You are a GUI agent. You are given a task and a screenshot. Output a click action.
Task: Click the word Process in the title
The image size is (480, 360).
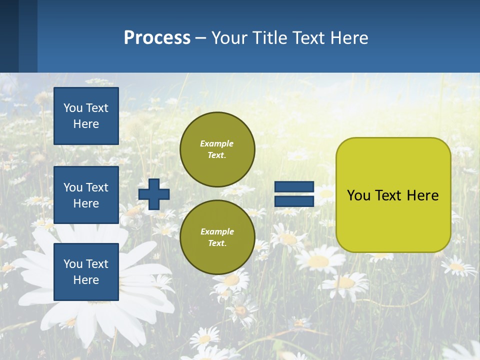[x=157, y=38]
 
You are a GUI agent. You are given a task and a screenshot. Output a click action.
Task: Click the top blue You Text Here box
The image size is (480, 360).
[x=86, y=116]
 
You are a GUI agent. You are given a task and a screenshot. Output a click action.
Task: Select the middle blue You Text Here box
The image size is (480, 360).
[x=86, y=195]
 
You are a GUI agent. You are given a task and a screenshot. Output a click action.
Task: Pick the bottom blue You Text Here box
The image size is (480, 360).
[x=86, y=272]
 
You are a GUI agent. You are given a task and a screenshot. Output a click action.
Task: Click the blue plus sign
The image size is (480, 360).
[x=154, y=194]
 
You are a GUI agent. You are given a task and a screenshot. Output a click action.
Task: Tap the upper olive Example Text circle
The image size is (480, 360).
[x=217, y=149]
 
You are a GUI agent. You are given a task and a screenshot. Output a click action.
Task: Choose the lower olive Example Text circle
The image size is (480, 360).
[x=217, y=237]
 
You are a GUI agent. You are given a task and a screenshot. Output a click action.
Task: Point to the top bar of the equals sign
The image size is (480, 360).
[x=294, y=187]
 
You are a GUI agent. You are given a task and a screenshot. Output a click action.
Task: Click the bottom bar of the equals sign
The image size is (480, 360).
[x=294, y=201]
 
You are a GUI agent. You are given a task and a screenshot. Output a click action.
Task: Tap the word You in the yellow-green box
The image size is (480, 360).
[x=358, y=195]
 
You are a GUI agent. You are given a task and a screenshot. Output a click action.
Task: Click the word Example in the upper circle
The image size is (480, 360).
[x=217, y=143]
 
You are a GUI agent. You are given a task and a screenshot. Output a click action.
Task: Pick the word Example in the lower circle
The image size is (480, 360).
[x=217, y=231]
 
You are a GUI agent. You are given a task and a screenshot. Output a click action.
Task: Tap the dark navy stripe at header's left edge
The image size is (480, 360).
[x=9, y=36]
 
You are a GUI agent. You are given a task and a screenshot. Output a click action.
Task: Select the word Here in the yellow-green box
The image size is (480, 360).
[x=423, y=195]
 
